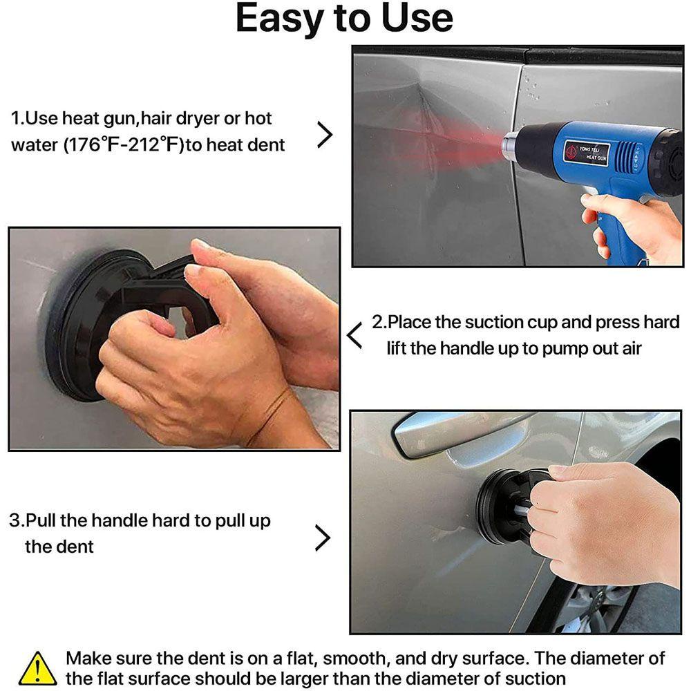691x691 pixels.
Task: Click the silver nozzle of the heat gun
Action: click(x=511, y=146)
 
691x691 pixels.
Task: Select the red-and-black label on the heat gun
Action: click(x=587, y=153)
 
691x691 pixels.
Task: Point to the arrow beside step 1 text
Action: click(x=325, y=135)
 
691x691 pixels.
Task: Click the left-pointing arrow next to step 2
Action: click(x=354, y=335)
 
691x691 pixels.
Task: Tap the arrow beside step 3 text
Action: click(x=323, y=538)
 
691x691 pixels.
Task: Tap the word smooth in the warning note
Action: click(x=356, y=659)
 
